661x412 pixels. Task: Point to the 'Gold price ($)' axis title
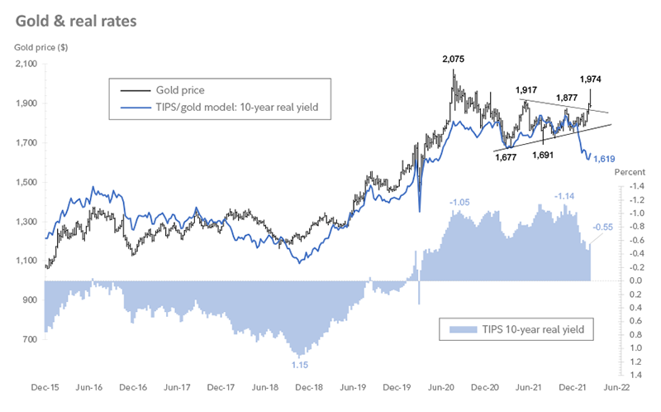click(41, 46)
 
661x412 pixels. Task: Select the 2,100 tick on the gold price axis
click(27, 65)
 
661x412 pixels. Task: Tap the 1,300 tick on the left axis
click(27, 222)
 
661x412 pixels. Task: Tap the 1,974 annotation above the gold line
click(591, 79)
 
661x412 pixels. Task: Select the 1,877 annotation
click(567, 98)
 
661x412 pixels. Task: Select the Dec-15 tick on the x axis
click(44, 387)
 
